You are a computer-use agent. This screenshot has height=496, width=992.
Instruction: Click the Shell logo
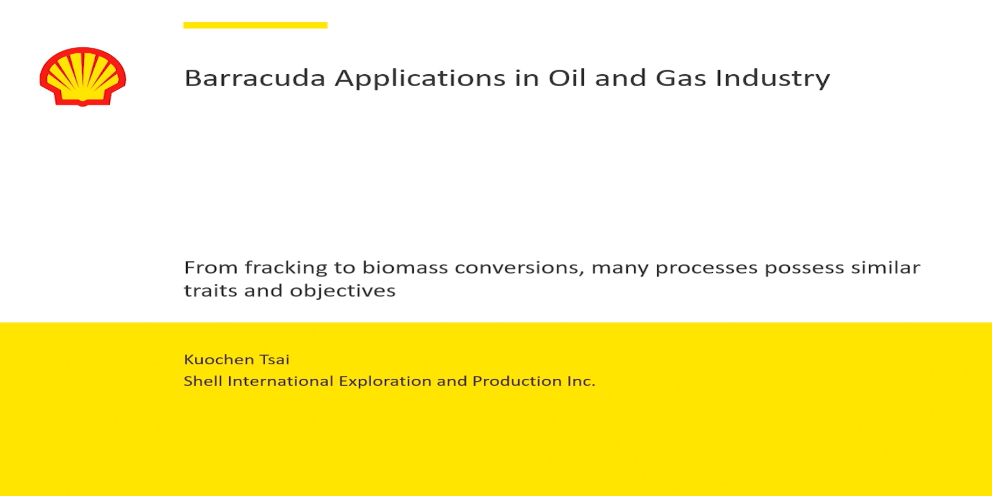(x=82, y=77)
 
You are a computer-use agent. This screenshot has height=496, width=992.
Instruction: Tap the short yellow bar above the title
(x=255, y=25)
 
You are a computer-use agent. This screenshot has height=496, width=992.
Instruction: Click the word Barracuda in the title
(x=255, y=78)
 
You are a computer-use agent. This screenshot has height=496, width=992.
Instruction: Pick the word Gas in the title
(x=680, y=78)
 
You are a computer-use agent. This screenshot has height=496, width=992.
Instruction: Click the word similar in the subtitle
(x=885, y=267)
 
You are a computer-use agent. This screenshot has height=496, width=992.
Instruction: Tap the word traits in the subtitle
(x=210, y=290)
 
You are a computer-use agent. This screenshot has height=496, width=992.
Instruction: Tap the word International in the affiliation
(x=280, y=381)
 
